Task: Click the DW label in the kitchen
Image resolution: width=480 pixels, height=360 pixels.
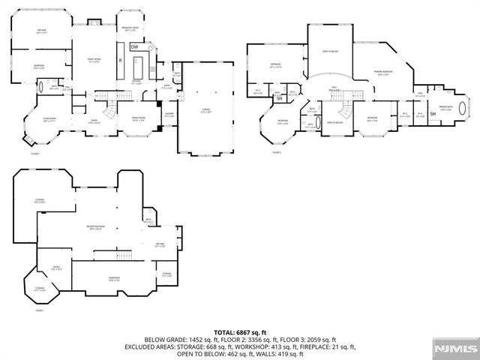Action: [134, 47]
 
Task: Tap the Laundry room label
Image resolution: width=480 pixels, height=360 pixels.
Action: [169, 115]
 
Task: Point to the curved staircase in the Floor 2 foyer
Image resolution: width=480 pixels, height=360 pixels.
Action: [109, 110]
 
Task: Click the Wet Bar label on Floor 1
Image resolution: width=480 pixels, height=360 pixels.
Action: [160, 244]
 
